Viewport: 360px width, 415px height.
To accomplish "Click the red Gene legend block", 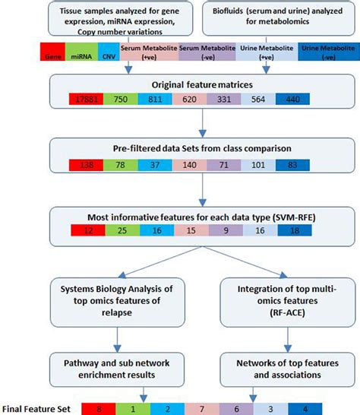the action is click(52, 52).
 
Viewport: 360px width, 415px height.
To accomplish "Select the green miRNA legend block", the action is click(81, 52).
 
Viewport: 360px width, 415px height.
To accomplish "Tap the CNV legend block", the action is click(109, 52).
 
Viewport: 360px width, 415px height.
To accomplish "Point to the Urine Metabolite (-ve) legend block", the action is click(329, 52).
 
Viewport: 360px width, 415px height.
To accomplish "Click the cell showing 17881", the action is click(87, 99).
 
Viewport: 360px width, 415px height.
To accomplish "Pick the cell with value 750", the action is click(121, 99).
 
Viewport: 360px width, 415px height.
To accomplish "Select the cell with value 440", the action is click(292, 99).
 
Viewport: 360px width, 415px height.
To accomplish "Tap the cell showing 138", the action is click(87, 165).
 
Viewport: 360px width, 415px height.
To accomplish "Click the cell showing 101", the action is click(258, 165).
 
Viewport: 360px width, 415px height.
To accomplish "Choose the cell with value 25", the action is click(122, 230).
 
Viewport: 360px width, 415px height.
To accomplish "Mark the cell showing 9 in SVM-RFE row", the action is click(226, 230).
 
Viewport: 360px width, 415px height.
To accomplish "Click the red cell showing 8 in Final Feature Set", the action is click(99, 409).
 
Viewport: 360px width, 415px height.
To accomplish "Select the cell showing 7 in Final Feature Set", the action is click(202, 409).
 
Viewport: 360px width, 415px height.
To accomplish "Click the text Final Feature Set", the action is click(36, 409).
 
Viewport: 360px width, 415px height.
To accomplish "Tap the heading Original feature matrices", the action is click(202, 84).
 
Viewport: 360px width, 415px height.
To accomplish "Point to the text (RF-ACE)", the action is click(288, 313).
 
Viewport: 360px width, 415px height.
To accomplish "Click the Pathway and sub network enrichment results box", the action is click(117, 369).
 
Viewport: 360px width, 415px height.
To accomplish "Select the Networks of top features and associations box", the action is click(288, 369).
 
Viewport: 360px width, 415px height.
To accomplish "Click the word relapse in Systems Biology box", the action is click(117, 312).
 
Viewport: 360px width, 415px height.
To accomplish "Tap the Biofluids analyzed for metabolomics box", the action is click(279, 18).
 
